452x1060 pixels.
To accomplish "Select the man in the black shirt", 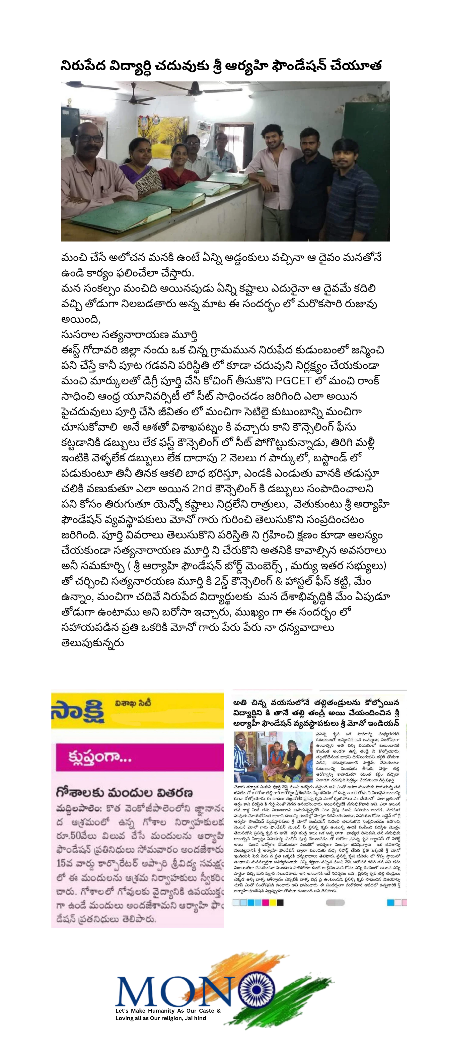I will (x=309, y=173).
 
